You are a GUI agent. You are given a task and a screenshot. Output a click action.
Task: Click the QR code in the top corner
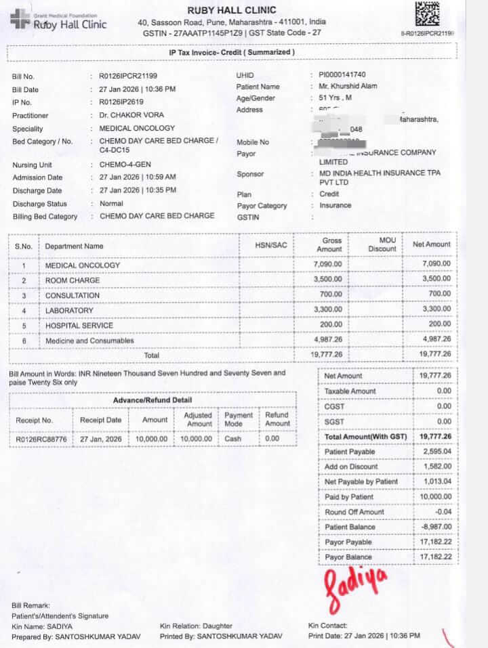[428, 14]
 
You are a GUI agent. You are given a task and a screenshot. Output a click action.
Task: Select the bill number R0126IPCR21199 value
[128, 77]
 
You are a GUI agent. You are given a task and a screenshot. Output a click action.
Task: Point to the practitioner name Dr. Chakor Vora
[131, 115]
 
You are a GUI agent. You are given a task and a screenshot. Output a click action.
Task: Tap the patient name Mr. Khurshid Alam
[348, 87]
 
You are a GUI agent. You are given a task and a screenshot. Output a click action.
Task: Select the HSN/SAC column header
[270, 245]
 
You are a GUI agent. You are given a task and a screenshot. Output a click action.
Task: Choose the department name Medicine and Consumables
[89, 341]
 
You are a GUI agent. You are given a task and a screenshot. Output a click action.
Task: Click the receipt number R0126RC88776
[41, 439]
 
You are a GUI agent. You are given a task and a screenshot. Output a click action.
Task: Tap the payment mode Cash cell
[234, 439]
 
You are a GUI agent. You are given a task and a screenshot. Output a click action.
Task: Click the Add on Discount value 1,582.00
[436, 467]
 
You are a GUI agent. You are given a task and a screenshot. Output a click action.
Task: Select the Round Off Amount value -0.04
[441, 512]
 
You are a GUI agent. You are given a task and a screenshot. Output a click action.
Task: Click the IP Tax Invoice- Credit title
[231, 52]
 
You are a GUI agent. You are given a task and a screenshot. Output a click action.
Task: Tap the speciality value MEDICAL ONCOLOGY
[137, 128]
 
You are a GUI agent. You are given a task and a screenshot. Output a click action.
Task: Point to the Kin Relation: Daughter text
[196, 626]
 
